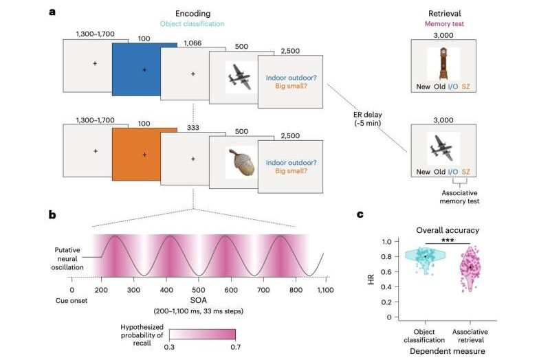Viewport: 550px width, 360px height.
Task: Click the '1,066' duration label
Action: (x=194, y=43)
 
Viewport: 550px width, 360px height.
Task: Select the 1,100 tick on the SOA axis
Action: (x=325, y=291)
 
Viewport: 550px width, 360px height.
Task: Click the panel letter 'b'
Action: (x=52, y=214)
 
